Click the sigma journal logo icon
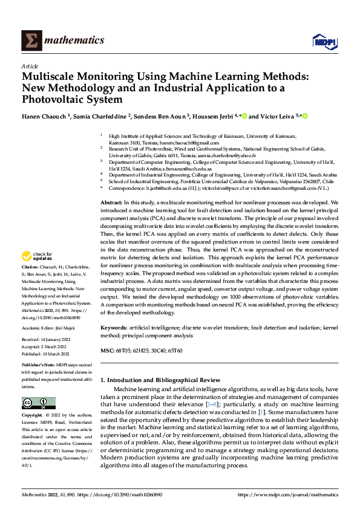[30, 41]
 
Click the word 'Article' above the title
[30, 66]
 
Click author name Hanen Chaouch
[46, 116]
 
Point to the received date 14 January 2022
[58, 342]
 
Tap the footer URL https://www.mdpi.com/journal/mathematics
[287, 494]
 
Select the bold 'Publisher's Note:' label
[39, 366]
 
